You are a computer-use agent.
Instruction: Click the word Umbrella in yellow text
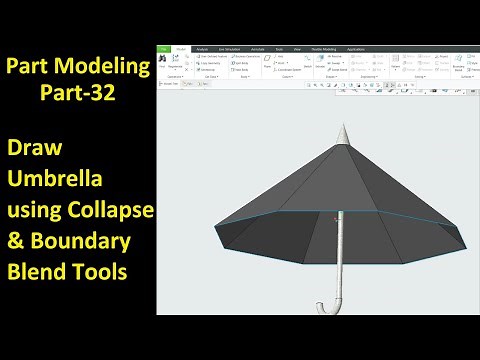coord(55,181)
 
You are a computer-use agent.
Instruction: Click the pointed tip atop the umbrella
coord(343,133)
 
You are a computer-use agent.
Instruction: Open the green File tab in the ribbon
coord(163,48)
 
